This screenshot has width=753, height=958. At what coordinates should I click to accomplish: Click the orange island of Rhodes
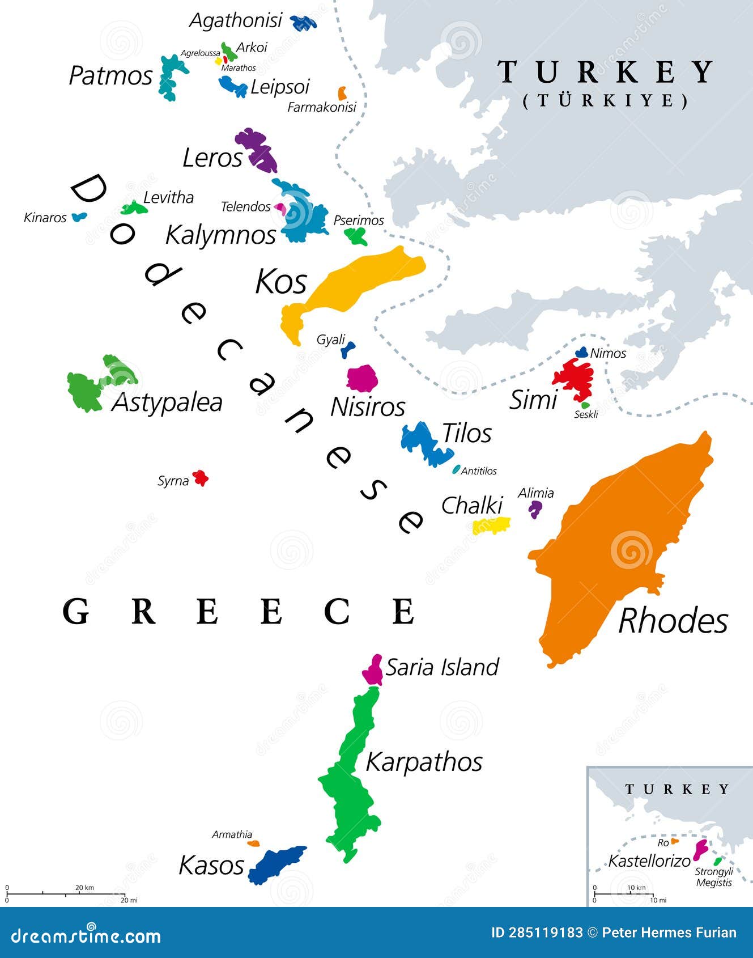click(618, 544)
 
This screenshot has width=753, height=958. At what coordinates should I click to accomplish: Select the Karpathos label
click(424, 762)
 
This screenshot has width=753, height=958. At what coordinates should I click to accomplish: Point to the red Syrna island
click(200, 478)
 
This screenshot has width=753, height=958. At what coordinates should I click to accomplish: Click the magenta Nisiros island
click(361, 378)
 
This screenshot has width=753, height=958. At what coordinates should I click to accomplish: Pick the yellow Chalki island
click(491, 526)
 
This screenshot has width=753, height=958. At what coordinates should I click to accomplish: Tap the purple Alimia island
click(534, 508)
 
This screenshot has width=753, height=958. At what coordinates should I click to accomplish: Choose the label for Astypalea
click(167, 402)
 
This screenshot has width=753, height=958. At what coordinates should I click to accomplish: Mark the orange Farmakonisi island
click(342, 93)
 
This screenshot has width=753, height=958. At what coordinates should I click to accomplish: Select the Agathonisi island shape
click(303, 23)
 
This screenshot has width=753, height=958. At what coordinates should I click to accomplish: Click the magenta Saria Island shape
click(373, 671)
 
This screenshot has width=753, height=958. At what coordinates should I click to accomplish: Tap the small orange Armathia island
click(254, 843)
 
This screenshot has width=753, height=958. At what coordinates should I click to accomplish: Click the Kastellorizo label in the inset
click(649, 861)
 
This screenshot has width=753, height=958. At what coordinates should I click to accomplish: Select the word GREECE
click(238, 611)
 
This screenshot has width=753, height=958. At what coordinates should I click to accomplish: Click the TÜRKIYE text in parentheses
click(605, 101)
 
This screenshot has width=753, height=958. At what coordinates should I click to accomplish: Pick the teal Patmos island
click(171, 77)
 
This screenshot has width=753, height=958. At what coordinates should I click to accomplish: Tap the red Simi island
click(574, 378)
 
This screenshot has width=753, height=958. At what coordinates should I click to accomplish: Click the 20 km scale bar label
click(84, 888)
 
